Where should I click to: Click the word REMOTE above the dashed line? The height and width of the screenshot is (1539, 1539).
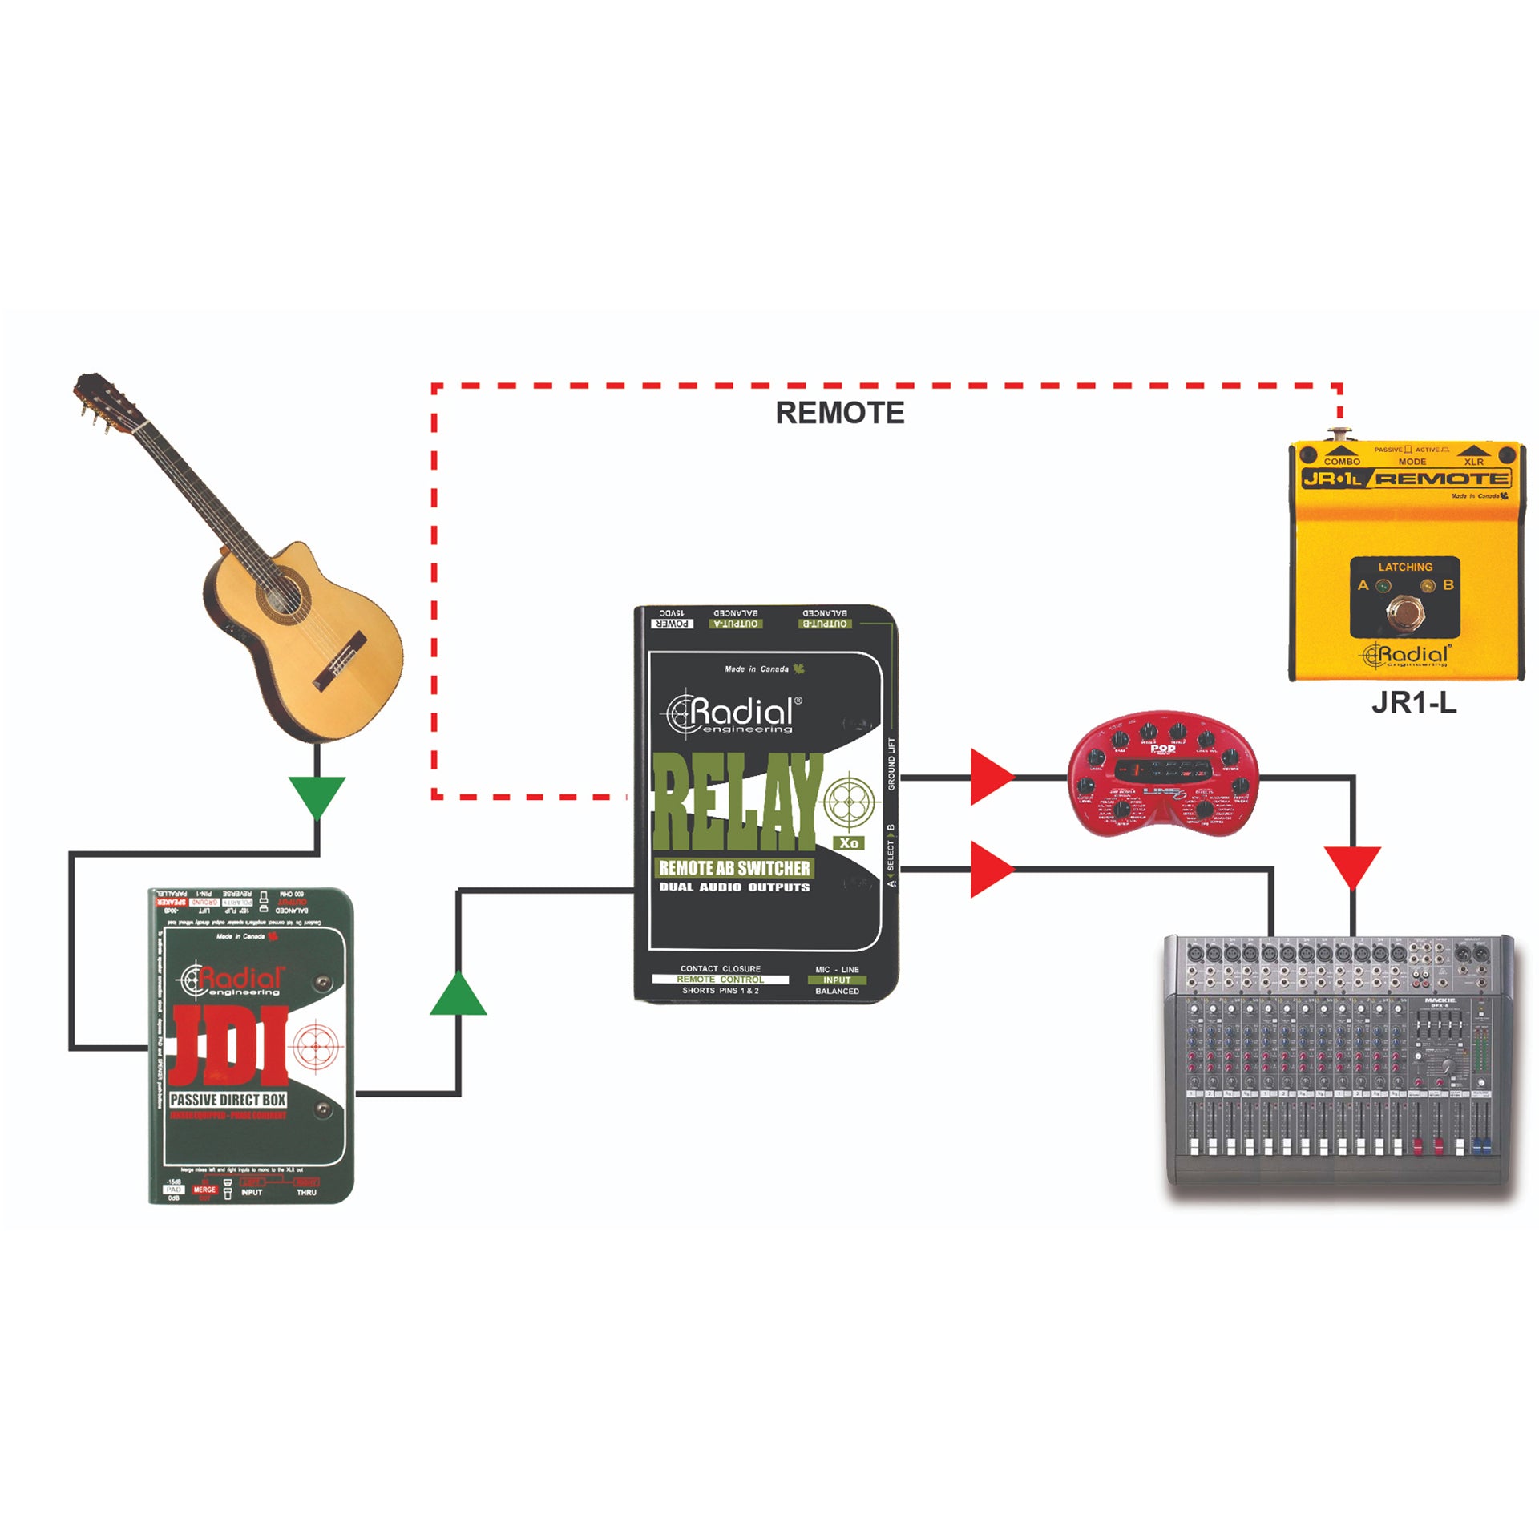pyautogui.click(x=839, y=413)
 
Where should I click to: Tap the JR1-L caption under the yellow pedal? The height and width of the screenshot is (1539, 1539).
pyautogui.click(x=1413, y=702)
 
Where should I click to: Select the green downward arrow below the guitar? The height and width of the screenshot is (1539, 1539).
pyautogui.click(x=317, y=796)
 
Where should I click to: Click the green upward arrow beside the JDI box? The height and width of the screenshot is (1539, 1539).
pyautogui.click(x=458, y=995)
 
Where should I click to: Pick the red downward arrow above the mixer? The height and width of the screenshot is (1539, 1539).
pyautogui.click(x=1352, y=866)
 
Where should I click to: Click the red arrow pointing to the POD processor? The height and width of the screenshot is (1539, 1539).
pyautogui.click(x=991, y=777)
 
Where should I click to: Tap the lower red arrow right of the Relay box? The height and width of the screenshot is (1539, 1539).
pyautogui.click(x=991, y=869)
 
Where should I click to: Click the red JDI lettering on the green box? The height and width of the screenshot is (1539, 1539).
pyautogui.click(x=228, y=1046)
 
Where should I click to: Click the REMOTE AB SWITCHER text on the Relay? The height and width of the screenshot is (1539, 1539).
pyautogui.click(x=734, y=867)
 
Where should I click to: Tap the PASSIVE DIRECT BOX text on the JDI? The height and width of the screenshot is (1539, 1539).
pyautogui.click(x=228, y=1100)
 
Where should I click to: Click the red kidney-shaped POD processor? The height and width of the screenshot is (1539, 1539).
pyautogui.click(x=1163, y=773)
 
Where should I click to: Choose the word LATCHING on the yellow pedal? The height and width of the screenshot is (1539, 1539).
pyautogui.click(x=1404, y=567)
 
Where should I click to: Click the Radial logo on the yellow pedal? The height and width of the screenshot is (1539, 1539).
pyautogui.click(x=1406, y=656)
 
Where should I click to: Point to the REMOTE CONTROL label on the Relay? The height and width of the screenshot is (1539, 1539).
pyautogui.click(x=720, y=980)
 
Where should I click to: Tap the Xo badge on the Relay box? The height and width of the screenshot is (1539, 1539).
pyautogui.click(x=849, y=842)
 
